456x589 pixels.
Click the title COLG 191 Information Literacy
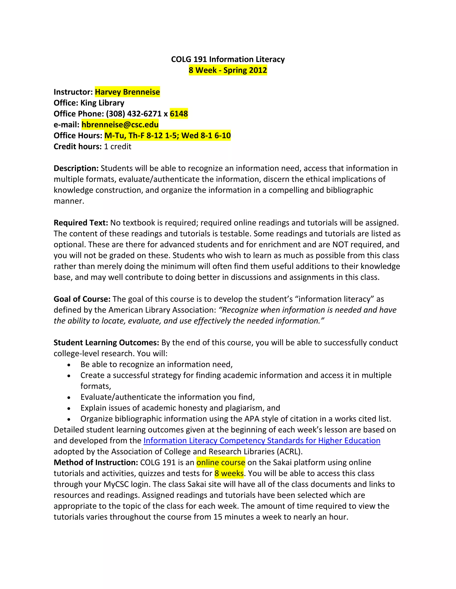coord(228,59)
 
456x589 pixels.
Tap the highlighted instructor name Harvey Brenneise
coord(127,92)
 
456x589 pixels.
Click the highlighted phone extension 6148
coord(179,114)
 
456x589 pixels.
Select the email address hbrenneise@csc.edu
coord(120,125)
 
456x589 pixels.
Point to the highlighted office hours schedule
coord(167,135)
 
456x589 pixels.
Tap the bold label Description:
coord(76,168)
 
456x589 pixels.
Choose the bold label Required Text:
coord(81,223)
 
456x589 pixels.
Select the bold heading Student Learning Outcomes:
coord(106,343)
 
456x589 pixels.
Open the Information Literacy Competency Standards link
coord(262,441)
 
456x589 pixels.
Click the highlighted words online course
coord(221,463)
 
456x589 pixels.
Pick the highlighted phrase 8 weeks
coord(229,473)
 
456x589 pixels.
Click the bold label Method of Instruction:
coord(96,463)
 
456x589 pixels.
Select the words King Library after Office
coord(102,103)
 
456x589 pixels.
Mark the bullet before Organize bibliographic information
coord(69,419)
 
